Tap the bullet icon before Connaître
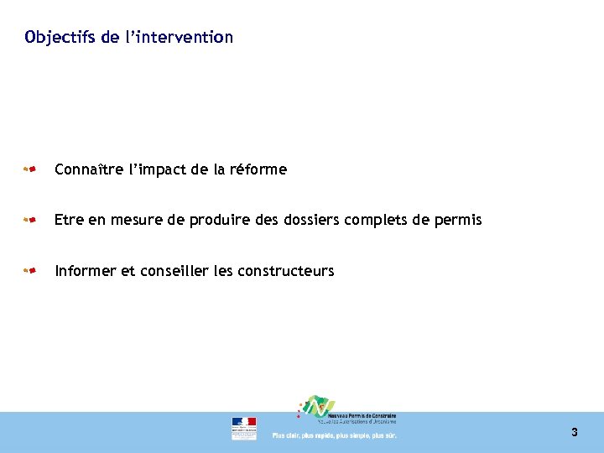tap(29, 169)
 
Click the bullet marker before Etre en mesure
tap(29, 221)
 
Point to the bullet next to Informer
tap(29, 271)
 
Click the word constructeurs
tap(286, 271)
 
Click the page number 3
tap(575, 433)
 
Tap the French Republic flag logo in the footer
tap(244, 428)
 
